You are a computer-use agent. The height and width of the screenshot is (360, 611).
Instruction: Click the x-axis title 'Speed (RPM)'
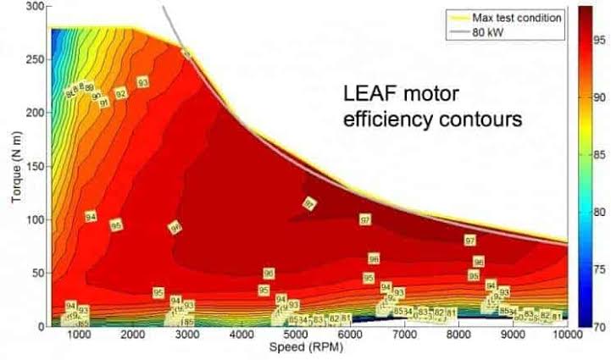[303, 348]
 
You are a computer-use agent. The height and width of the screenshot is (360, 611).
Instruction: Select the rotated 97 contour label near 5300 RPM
[310, 203]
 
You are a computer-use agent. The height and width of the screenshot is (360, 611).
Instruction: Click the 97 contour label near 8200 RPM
[470, 241]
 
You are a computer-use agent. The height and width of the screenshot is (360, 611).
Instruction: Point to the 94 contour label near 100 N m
[92, 218]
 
